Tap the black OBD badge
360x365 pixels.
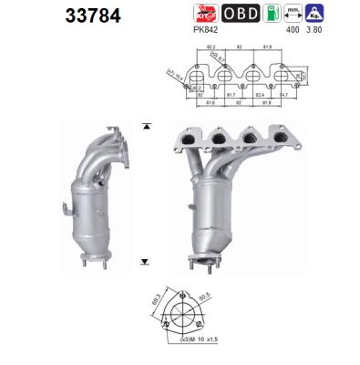coord(241,13)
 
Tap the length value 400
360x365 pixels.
coord(294,29)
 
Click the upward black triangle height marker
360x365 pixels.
coord(145,124)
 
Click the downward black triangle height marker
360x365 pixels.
coord(145,262)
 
